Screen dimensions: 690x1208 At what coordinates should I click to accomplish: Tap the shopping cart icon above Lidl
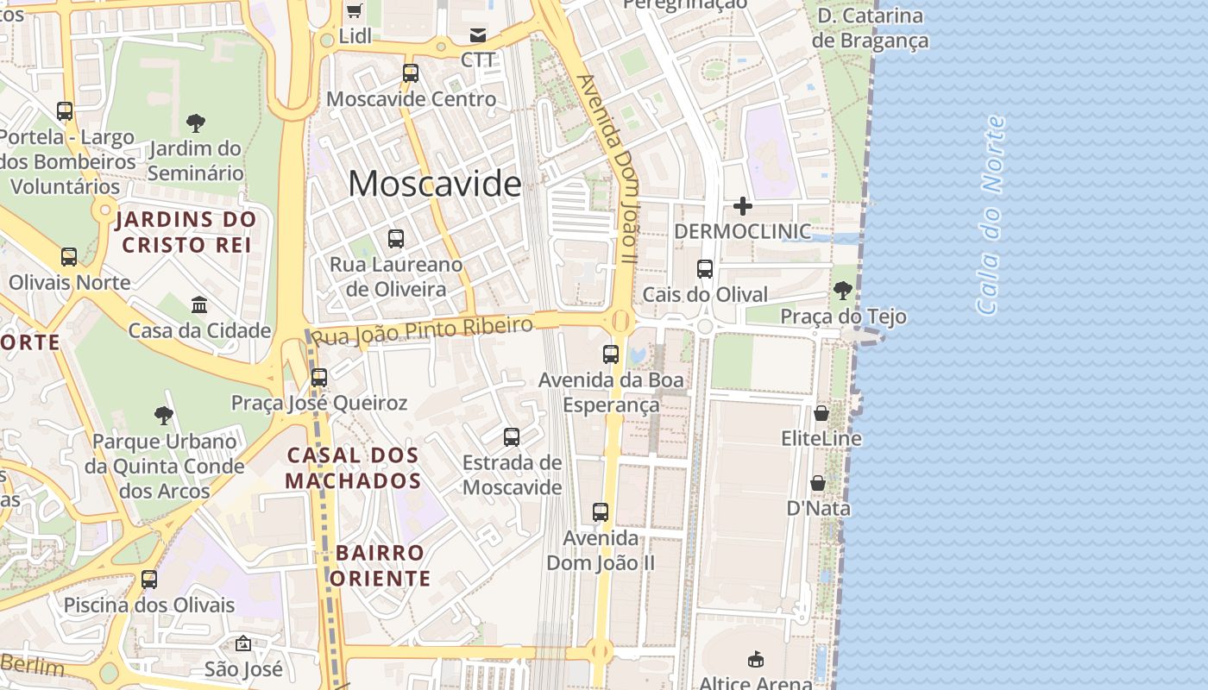pyautogui.click(x=354, y=10)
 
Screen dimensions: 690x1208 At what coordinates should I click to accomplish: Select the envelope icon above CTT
pyautogui.click(x=477, y=35)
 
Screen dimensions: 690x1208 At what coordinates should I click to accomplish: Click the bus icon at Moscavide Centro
pyautogui.click(x=411, y=73)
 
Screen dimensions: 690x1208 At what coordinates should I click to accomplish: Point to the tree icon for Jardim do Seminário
pyautogui.click(x=196, y=123)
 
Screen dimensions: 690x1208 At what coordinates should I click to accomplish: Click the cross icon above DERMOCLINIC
pyautogui.click(x=742, y=206)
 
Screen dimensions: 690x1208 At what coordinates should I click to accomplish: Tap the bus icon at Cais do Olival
pyautogui.click(x=705, y=269)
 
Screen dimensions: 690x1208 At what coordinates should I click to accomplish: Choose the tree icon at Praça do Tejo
pyautogui.click(x=843, y=292)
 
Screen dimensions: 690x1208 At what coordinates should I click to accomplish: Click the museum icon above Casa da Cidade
pyautogui.click(x=199, y=305)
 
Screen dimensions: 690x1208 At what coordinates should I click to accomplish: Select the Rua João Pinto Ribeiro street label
pyautogui.click(x=422, y=330)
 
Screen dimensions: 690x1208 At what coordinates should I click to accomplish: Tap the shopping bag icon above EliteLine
pyautogui.click(x=821, y=414)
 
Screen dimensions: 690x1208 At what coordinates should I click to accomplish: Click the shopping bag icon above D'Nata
pyautogui.click(x=818, y=484)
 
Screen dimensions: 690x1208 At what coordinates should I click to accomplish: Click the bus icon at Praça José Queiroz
pyautogui.click(x=319, y=378)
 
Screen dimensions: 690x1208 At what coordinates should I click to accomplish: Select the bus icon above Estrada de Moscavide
pyautogui.click(x=512, y=437)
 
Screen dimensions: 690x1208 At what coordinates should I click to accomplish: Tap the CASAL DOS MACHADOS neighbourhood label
pyautogui.click(x=353, y=468)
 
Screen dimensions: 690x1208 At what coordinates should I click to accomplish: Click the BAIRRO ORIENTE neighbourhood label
pyautogui.click(x=380, y=566)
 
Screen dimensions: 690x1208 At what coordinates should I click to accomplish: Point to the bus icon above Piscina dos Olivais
pyautogui.click(x=149, y=580)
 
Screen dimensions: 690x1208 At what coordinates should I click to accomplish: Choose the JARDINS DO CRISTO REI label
pyautogui.click(x=186, y=232)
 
